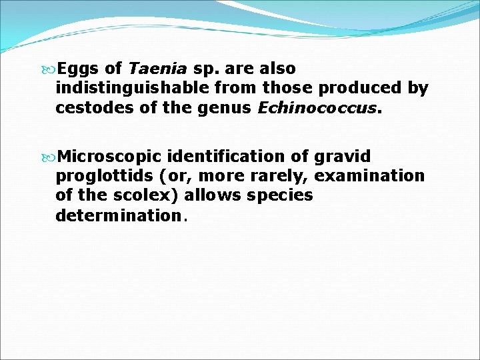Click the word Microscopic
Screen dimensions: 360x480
109,157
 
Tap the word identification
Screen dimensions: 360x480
227,157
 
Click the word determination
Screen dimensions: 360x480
118,215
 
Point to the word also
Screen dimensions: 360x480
278,69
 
